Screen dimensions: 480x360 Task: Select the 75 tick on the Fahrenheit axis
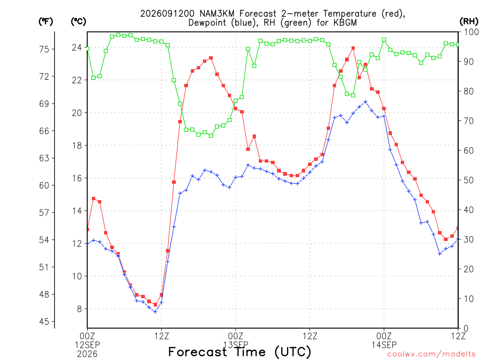click(x=44, y=49)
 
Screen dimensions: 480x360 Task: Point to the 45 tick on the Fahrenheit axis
click(x=44, y=322)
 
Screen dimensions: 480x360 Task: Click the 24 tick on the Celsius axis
click(x=76, y=47)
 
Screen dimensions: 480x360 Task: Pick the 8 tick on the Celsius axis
click(x=79, y=309)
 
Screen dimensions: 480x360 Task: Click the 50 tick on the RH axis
click(x=469, y=180)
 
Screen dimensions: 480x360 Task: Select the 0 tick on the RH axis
click(x=466, y=329)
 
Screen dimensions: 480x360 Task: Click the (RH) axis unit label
click(x=469, y=21)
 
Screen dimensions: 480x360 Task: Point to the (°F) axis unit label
click(x=45, y=22)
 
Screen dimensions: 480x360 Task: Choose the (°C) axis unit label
click(x=78, y=22)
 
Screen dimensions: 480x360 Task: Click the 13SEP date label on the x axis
click(x=236, y=345)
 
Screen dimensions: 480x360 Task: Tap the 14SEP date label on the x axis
click(x=384, y=345)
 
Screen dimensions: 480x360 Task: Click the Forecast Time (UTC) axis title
click(x=240, y=352)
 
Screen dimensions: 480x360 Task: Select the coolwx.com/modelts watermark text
click(x=431, y=354)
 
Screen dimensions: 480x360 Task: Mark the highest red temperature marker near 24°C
click(x=353, y=48)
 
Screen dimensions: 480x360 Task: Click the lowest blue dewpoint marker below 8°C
click(x=155, y=312)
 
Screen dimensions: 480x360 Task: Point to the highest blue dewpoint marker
click(x=366, y=102)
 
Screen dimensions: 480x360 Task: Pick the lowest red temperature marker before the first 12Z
click(x=155, y=305)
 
